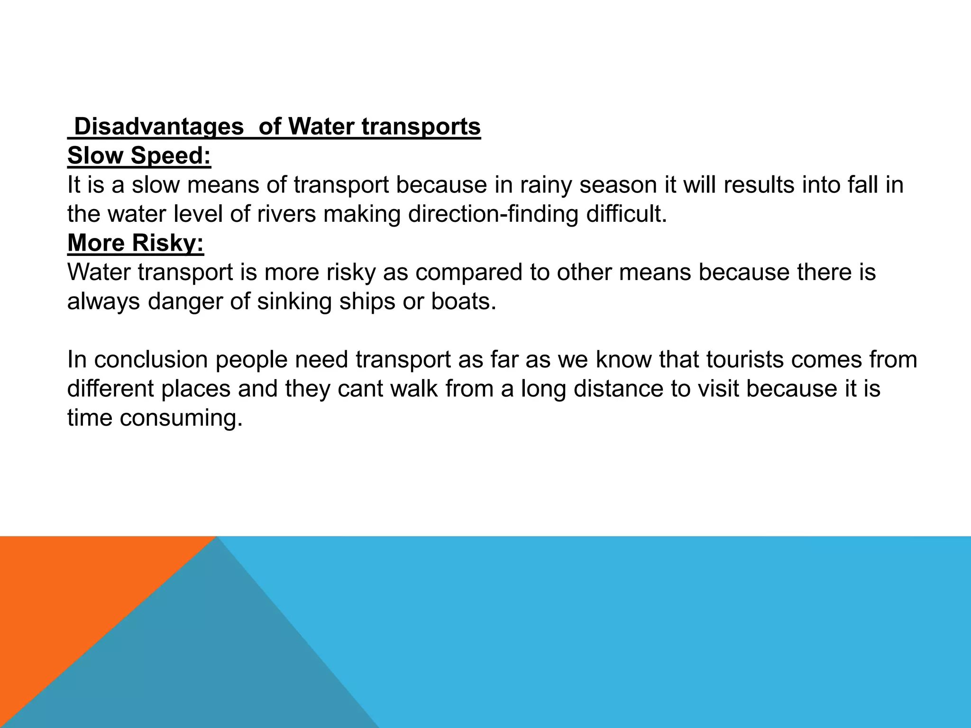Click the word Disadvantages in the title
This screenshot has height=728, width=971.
pos(159,127)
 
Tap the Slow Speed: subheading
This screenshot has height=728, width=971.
pos(139,156)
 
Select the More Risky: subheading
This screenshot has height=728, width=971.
pos(136,243)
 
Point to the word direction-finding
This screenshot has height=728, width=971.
pos(493,214)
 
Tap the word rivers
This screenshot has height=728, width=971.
pos(286,214)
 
